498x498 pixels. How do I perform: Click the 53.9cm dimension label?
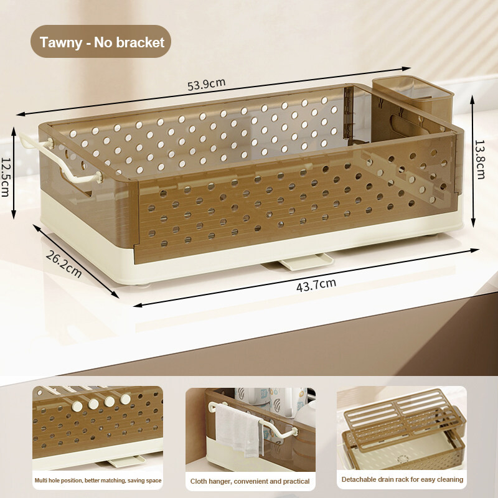206,84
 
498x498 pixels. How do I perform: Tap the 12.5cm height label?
6,177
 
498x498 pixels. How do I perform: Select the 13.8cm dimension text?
480,160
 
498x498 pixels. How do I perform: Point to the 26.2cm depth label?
64,264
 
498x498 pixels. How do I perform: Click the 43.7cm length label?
316,285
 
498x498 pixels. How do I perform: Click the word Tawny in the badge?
60,42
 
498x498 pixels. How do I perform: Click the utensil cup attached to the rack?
413,105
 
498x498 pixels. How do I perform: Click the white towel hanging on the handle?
239,430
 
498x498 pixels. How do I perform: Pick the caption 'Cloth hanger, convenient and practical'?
250,481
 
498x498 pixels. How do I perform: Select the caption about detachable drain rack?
402,479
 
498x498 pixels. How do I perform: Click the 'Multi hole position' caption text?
98,481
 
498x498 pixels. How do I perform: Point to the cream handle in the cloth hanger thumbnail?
254,419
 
